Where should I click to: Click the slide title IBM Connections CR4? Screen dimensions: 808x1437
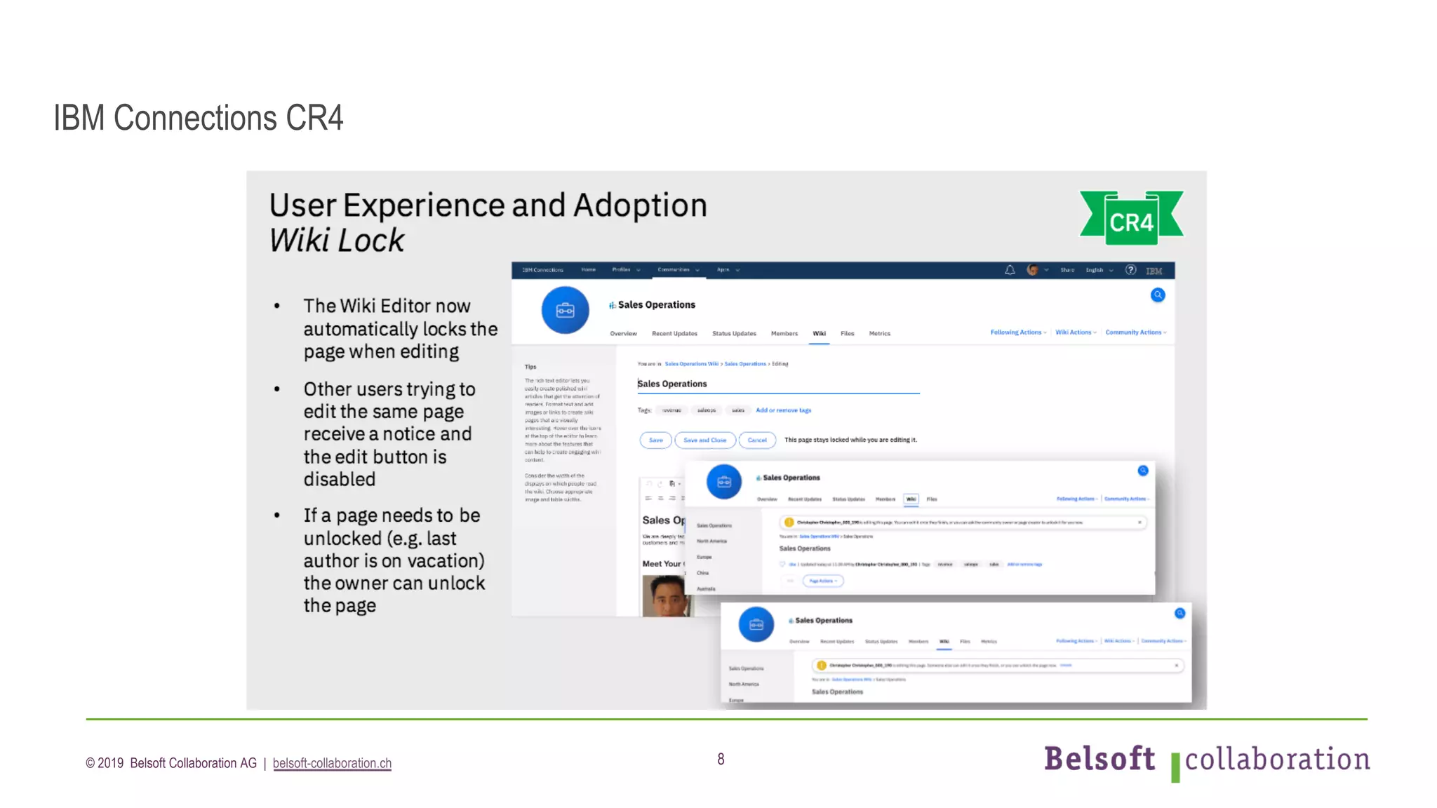coord(199,118)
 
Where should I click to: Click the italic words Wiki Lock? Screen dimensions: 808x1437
coord(337,241)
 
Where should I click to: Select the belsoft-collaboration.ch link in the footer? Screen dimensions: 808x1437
coord(332,763)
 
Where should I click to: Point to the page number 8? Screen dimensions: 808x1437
coord(721,759)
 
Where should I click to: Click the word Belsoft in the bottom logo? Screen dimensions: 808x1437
coord(1099,759)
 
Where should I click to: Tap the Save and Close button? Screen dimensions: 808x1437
coord(704,440)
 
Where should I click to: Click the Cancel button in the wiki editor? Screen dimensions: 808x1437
coord(757,440)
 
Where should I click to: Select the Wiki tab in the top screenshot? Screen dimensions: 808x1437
coord(819,334)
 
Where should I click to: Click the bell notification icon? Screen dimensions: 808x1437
coord(1010,270)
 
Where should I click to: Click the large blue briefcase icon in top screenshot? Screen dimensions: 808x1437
coord(565,310)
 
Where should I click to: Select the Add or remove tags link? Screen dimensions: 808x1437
coord(783,410)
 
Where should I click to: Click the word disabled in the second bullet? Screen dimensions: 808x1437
coord(340,479)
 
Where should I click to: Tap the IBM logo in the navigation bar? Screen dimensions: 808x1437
coord(1154,271)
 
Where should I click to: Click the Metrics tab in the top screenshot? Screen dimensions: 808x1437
coord(879,334)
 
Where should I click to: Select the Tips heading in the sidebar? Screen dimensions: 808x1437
coord(530,367)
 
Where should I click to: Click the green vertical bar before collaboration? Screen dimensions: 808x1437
coord(1175,767)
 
